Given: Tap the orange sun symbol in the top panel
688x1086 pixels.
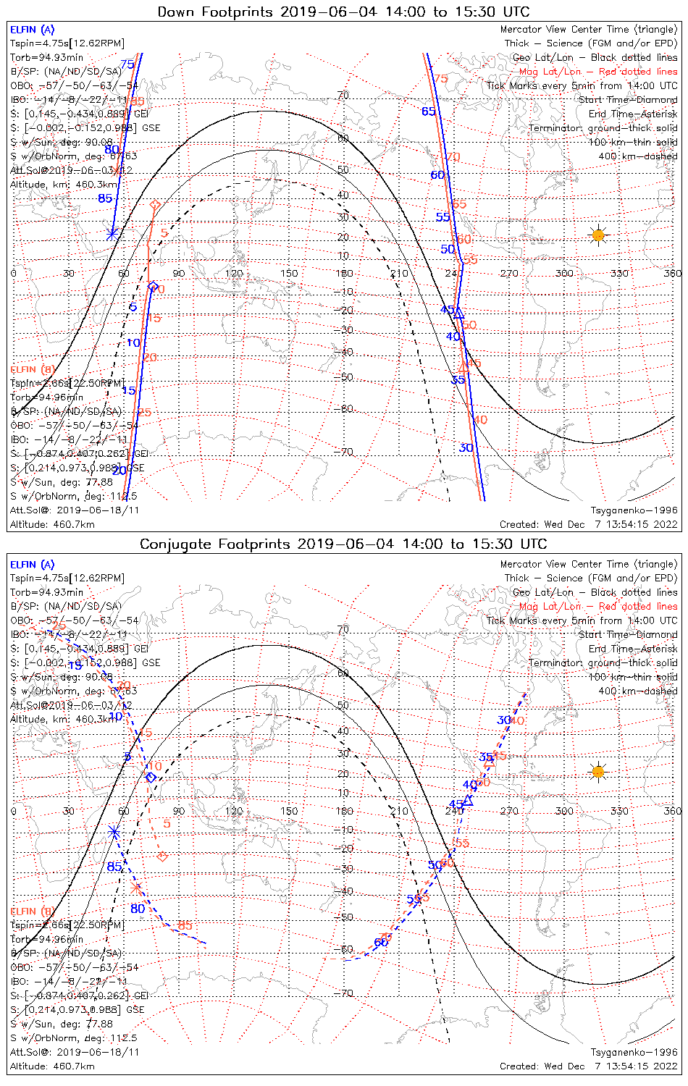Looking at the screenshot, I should pyautogui.click(x=597, y=235).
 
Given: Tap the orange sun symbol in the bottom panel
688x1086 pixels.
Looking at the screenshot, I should pyautogui.click(x=597, y=772).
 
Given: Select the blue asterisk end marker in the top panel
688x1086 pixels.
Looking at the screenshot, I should pyautogui.click(x=112, y=233).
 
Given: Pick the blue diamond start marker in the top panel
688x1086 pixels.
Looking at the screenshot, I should pyautogui.click(x=153, y=287).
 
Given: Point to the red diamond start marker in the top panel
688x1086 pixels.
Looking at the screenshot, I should pyautogui.click(x=154, y=206).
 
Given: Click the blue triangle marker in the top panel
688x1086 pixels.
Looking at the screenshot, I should pyautogui.click(x=458, y=313).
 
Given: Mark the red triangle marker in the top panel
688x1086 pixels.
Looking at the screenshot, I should pyautogui.click(x=464, y=368).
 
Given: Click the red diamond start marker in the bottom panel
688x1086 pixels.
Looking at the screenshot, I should pyautogui.click(x=162, y=857).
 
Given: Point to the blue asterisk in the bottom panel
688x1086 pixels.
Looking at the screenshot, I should pyautogui.click(x=114, y=832).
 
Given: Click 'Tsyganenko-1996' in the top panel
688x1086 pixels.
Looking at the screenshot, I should pyautogui.click(x=634, y=510).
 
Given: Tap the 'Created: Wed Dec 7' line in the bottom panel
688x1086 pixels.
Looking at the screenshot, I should pyautogui.click(x=588, y=1066).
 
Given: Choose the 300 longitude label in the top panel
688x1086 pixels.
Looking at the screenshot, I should pyautogui.click(x=564, y=273).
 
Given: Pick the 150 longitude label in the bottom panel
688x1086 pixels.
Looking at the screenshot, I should pyautogui.click(x=289, y=811).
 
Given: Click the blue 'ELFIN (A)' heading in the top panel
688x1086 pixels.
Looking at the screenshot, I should pyautogui.click(x=32, y=30).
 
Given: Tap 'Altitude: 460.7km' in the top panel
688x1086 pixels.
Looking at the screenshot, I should pyautogui.click(x=52, y=524).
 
